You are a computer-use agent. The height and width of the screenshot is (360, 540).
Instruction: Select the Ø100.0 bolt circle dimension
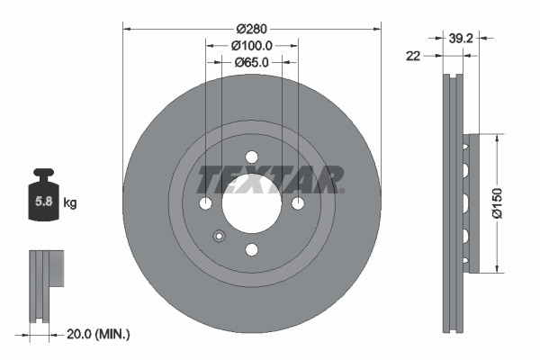pos(251,44)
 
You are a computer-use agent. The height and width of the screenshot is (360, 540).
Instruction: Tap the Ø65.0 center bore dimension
pos(251,62)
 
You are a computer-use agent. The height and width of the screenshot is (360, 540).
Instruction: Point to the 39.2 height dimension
pos(463,38)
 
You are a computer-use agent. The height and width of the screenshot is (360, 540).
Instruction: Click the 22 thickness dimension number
pos(413,56)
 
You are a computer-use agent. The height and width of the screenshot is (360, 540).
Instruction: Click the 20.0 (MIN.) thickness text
pos(98,334)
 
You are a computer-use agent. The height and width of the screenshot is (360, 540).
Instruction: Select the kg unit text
pos(70,202)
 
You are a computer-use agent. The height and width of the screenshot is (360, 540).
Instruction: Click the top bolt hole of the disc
pos(251,157)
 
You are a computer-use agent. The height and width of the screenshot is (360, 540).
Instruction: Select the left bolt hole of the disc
pos(205,202)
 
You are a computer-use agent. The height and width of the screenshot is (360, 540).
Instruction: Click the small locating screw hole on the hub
pos(219,237)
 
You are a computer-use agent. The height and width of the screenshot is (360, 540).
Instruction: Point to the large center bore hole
pos(251,202)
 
